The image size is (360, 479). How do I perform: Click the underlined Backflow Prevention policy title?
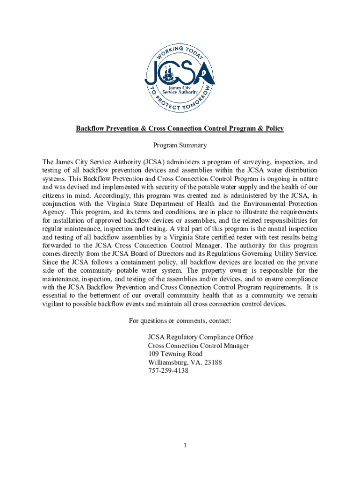coord(180,128)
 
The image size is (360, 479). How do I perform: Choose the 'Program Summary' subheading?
coord(180,145)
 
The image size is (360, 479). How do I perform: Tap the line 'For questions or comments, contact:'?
coord(180,321)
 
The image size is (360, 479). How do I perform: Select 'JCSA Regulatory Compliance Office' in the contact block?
coord(201,337)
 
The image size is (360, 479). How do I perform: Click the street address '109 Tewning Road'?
coord(175,354)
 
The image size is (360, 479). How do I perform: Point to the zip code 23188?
coord(212,363)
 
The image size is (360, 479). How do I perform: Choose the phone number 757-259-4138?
coord(168,371)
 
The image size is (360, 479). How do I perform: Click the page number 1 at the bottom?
coord(185,445)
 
